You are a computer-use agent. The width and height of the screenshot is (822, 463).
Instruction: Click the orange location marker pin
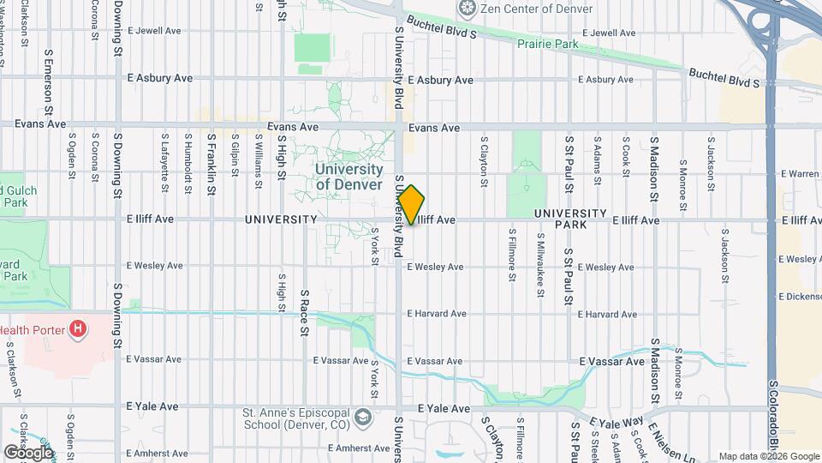click(411, 205)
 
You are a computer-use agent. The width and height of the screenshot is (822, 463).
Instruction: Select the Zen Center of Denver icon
click(467, 9)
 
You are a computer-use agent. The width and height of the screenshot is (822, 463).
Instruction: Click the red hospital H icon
click(79, 328)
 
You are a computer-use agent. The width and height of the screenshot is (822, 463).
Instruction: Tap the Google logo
click(28, 452)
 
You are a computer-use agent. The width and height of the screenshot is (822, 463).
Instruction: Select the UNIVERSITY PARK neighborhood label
click(570, 219)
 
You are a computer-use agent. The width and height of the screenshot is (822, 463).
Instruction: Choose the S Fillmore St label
click(512, 254)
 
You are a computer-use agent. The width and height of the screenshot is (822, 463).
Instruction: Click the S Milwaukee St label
click(540, 258)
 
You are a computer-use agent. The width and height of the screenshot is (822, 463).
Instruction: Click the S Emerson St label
click(48, 84)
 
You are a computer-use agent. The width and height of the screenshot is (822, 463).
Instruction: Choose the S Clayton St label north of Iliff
click(485, 160)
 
